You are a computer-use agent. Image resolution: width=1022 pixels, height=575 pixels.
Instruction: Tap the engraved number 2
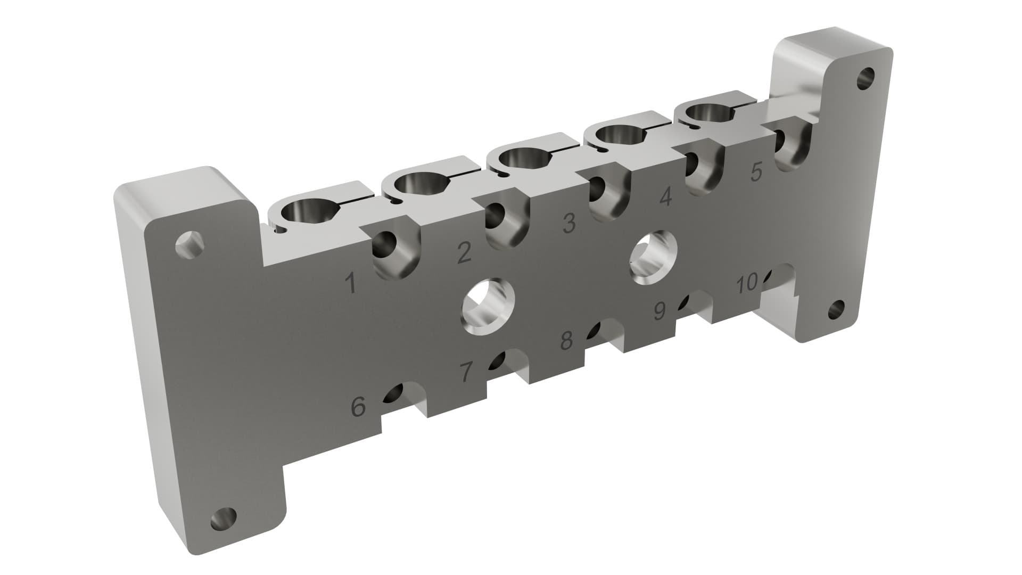click(x=464, y=253)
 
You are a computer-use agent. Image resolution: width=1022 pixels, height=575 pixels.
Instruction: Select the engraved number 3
click(x=569, y=223)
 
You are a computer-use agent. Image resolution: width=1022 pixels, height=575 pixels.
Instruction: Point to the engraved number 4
click(x=665, y=198)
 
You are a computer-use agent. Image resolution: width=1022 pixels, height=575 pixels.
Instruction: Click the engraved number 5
click(x=756, y=172)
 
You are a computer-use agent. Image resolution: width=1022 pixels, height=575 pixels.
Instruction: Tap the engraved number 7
click(x=466, y=372)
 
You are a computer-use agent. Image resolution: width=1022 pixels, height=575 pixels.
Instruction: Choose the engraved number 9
click(x=660, y=311)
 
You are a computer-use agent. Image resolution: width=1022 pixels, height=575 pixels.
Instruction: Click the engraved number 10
click(x=746, y=284)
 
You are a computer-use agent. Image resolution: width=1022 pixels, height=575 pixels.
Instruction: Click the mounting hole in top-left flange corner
click(x=189, y=244)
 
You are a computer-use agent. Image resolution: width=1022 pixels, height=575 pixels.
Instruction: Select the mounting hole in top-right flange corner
click(x=866, y=78)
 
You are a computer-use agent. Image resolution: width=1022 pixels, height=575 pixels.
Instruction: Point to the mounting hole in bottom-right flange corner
click(x=837, y=310)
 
